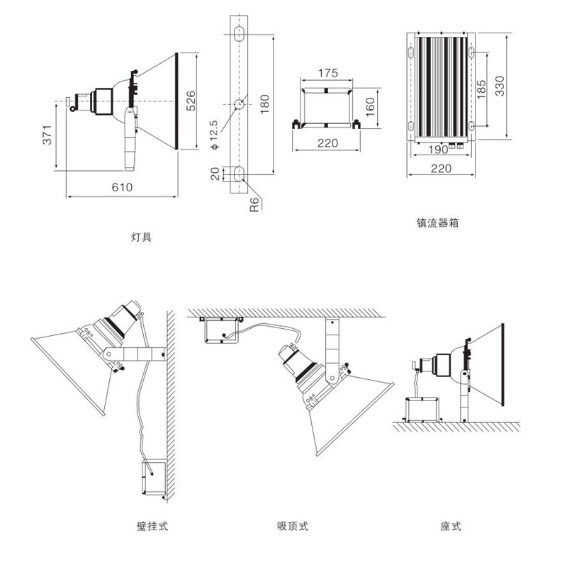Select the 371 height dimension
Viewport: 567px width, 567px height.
coord(47,136)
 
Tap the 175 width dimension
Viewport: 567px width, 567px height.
coord(327,73)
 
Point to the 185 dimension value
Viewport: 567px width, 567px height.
coord(482,91)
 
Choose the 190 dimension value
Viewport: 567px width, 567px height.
coord(437,150)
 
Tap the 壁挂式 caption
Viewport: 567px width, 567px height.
coord(152,527)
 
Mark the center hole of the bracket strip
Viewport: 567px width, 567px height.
coord(240,103)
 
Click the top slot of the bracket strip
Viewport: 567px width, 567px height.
coord(239,33)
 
